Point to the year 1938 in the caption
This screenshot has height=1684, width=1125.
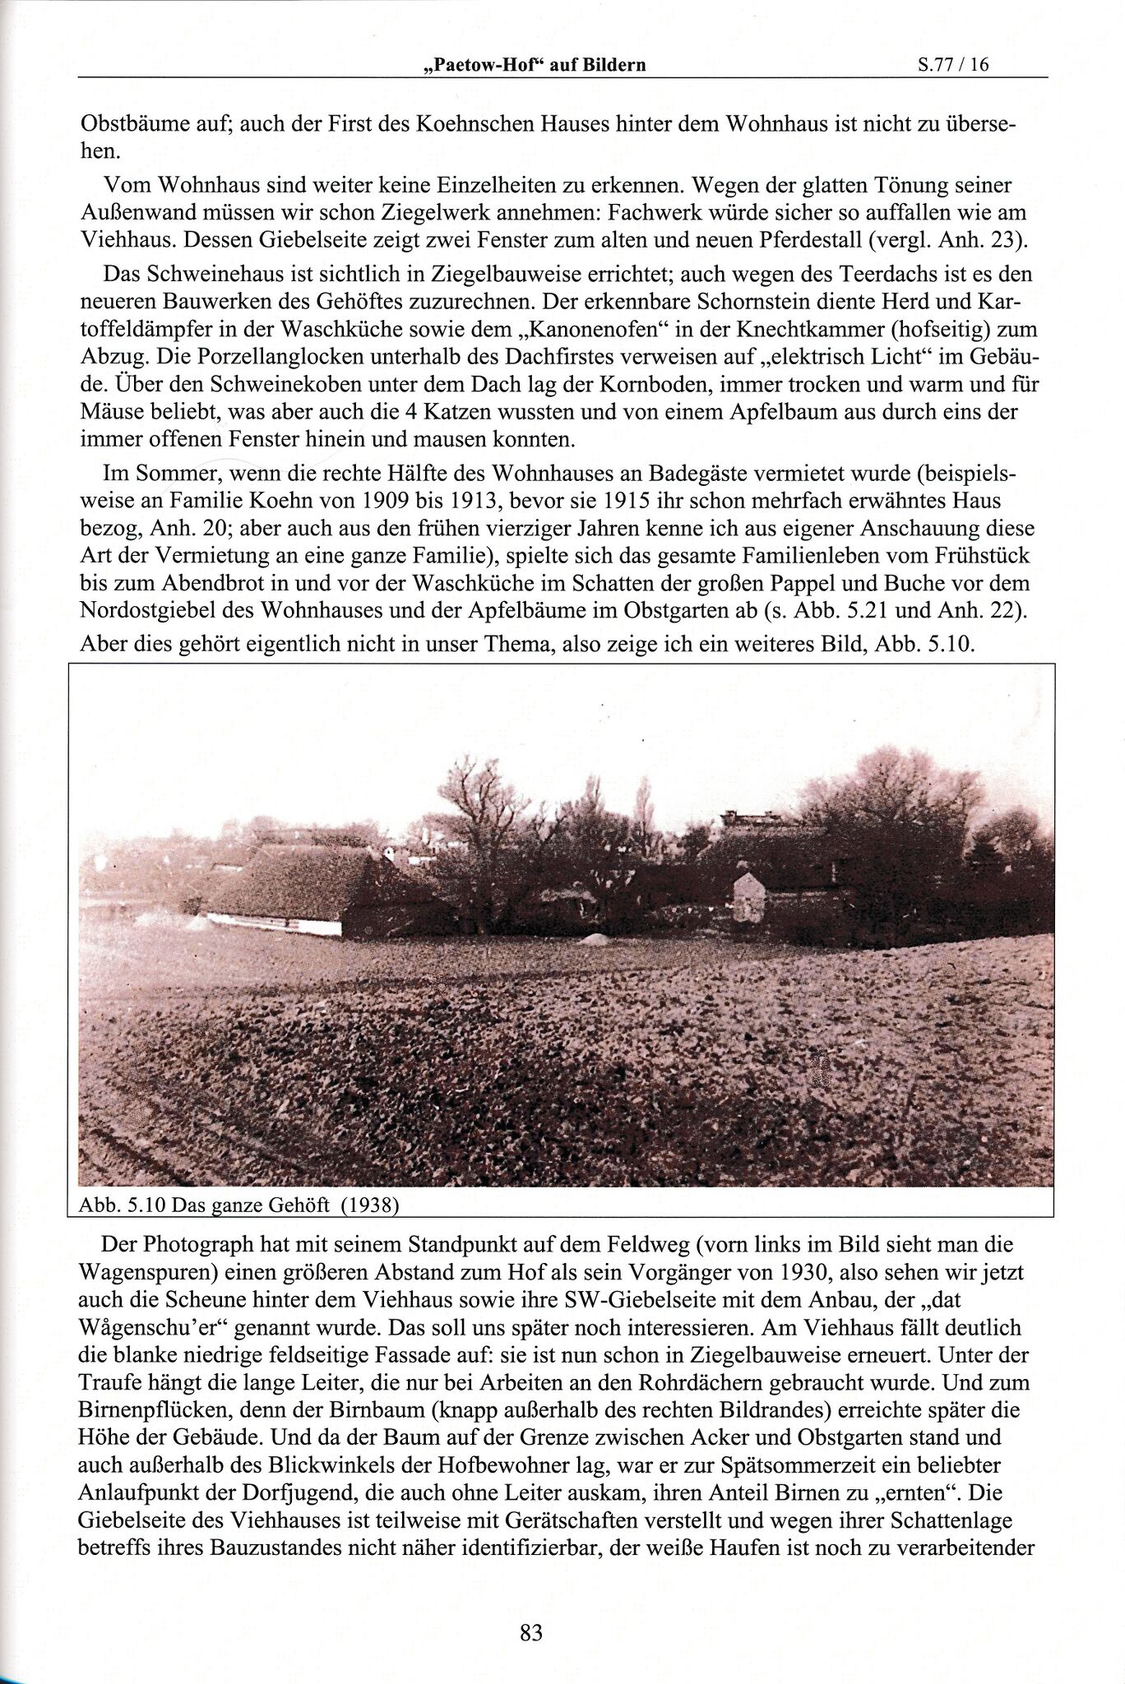tap(369, 1205)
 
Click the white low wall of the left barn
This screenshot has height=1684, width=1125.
tap(271, 921)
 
